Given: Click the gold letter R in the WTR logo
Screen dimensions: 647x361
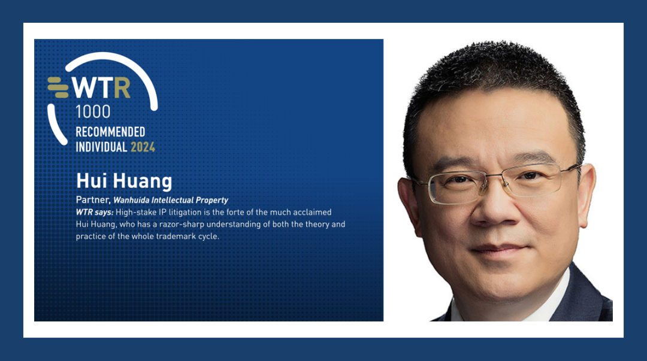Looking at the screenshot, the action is [122, 87].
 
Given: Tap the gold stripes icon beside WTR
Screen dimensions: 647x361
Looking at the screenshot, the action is [58, 87].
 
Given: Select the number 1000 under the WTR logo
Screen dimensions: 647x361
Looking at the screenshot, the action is [93, 112].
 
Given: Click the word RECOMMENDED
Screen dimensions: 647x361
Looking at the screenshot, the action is [110, 132].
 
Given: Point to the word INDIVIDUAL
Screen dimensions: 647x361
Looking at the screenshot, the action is [101, 147].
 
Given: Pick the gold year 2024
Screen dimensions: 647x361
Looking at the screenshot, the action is [143, 147].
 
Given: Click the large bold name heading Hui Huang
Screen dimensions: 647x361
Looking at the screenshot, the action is [124, 181].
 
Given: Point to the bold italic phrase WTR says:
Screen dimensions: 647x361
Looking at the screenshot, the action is [95, 213].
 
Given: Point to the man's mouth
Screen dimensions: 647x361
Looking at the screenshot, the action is [500, 249].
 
